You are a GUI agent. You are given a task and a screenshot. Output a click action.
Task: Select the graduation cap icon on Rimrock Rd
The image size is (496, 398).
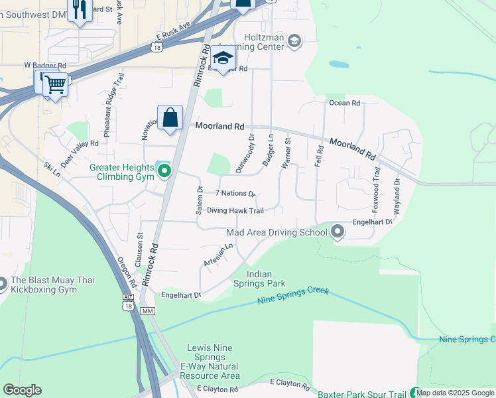(x=224, y=58)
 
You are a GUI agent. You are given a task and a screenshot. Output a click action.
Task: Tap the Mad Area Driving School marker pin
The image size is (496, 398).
(x=338, y=232)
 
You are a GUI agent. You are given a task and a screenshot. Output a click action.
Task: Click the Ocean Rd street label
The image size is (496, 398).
(x=344, y=103)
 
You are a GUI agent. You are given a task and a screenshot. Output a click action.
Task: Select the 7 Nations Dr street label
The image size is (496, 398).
(x=235, y=194)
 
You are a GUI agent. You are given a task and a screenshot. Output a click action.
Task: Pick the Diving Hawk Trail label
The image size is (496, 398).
(x=235, y=211)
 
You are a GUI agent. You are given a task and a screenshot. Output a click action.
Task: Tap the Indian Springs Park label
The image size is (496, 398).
(x=266, y=279)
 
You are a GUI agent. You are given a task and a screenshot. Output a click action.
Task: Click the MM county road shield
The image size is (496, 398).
(x=148, y=311)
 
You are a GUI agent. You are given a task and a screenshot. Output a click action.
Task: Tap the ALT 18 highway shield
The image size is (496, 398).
(x=128, y=302)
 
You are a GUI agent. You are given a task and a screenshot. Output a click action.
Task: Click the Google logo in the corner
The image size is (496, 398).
(x=22, y=390)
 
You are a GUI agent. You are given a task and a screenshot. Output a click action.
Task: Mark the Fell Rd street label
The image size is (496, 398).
(x=319, y=156)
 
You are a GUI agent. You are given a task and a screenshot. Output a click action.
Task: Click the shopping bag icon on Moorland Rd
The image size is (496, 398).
(x=170, y=118)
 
